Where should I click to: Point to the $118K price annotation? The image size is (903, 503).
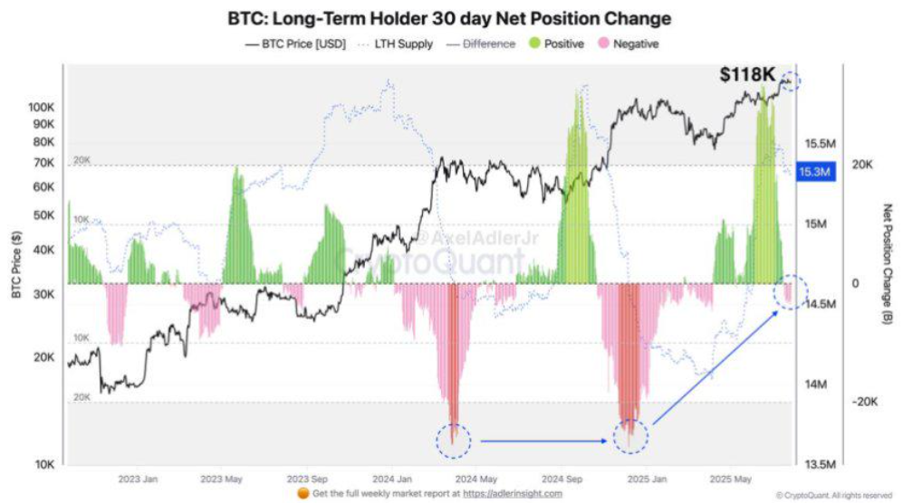pos(747,75)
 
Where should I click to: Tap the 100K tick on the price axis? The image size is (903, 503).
pos(42,107)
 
